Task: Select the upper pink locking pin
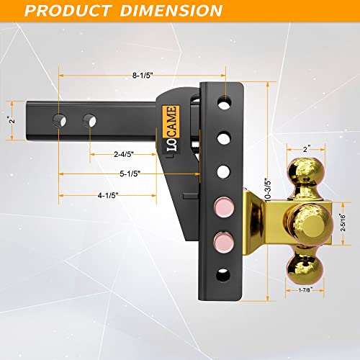(x=220, y=205)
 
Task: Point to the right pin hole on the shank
(x=89, y=117)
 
